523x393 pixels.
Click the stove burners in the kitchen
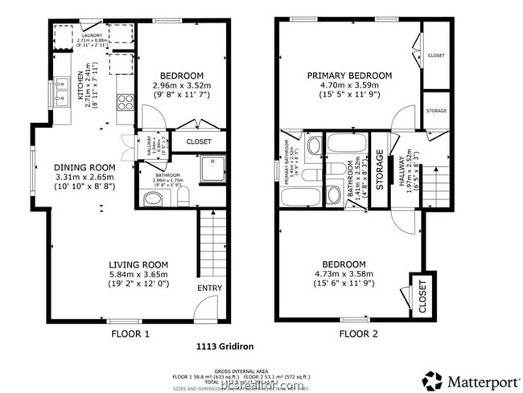point(126,102)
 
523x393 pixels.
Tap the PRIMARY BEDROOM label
point(349,76)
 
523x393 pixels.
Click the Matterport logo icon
point(432,380)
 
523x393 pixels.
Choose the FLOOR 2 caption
point(358,333)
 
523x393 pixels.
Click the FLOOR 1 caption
point(132,333)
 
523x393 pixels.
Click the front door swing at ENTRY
point(207,308)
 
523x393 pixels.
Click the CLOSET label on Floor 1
point(199,141)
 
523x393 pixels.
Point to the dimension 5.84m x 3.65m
point(138,274)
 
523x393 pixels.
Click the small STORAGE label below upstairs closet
point(436,110)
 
